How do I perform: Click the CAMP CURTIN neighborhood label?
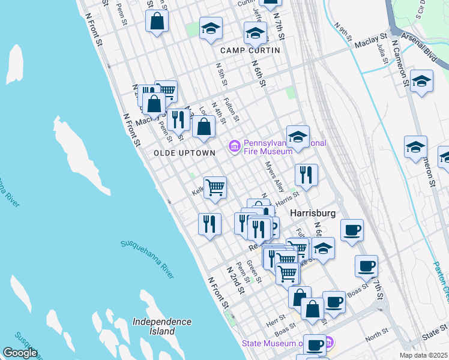pyautogui.click(x=250, y=50)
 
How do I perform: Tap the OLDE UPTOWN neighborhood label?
pyautogui.click(x=184, y=153)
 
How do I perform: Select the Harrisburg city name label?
pyautogui.click(x=312, y=214)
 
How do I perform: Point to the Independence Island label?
pyautogui.click(x=162, y=326)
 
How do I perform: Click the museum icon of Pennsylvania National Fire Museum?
pyautogui.click(x=234, y=146)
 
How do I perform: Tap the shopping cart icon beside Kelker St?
pyautogui.click(x=215, y=186)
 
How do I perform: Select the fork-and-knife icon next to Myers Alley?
pyautogui.click(x=306, y=175)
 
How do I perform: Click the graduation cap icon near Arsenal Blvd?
pyautogui.click(x=422, y=80)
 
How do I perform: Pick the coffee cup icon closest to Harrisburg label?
pyautogui.click(x=352, y=229)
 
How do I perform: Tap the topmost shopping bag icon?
pyautogui.click(x=157, y=21)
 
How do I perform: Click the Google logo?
pyautogui.click(x=20, y=353)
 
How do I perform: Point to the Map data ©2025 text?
pyautogui.click(x=423, y=355)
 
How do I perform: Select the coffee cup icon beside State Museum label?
pyautogui.click(x=315, y=345)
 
